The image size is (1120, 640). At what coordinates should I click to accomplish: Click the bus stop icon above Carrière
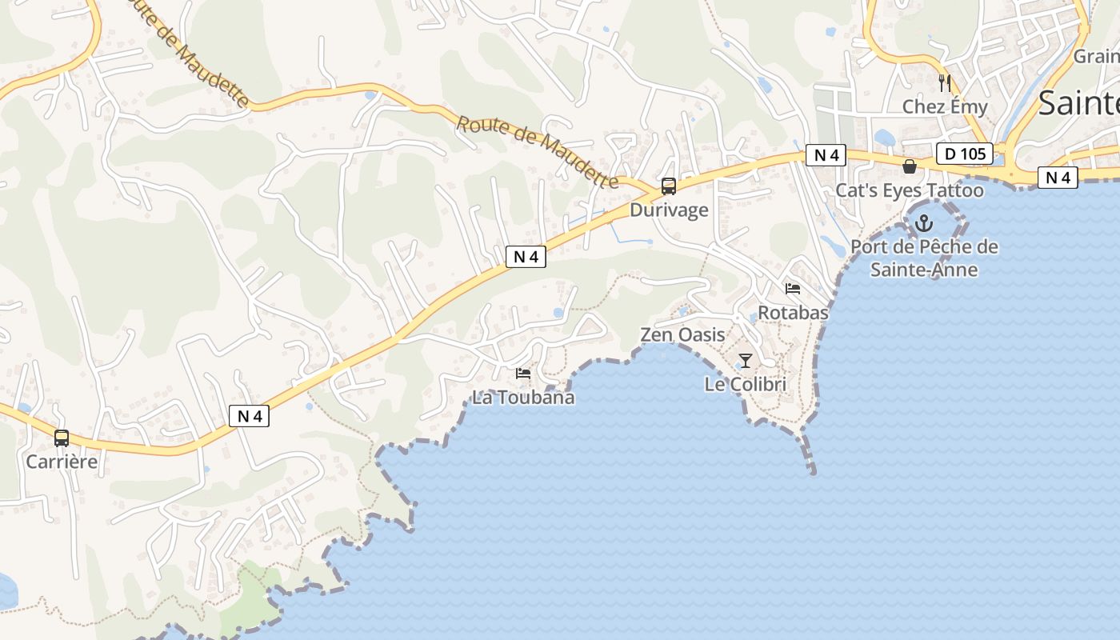[x=62, y=438]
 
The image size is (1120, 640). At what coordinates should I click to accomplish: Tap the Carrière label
[x=62, y=462]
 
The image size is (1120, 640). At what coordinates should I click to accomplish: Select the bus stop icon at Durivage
[x=669, y=186]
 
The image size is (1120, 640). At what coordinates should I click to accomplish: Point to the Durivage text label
[x=669, y=210]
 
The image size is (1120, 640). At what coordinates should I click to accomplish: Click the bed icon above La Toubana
[x=523, y=373]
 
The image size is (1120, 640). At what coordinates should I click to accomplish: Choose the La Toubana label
[x=523, y=398]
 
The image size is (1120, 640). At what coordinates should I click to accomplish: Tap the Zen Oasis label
[x=682, y=334]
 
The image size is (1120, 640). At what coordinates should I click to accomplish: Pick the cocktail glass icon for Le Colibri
[x=746, y=360]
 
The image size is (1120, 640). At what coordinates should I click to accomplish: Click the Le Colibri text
[x=746, y=385]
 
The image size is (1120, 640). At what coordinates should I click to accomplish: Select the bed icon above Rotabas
[x=793, y=288]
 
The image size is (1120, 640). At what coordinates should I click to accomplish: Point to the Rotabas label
[x=793, y=313]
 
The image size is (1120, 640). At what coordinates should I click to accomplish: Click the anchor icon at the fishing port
[x=925, y=222]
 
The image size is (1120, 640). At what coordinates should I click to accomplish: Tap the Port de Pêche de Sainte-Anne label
[x=925, y=258]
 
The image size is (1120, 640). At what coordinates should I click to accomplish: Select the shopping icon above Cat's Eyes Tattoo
[x=910, y=166]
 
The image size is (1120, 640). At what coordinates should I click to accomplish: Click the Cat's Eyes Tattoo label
[x=910, y=190]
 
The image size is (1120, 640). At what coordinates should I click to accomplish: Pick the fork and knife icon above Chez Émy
[x=945, y=82]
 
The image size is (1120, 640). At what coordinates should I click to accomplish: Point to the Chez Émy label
[x=945, y=106]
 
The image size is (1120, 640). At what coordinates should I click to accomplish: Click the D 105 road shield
[x=964, y=153]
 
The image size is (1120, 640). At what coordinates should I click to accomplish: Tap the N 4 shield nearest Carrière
[x=250, y=416]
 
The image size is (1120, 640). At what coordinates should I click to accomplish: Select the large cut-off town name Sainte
[x=1079, y=104]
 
